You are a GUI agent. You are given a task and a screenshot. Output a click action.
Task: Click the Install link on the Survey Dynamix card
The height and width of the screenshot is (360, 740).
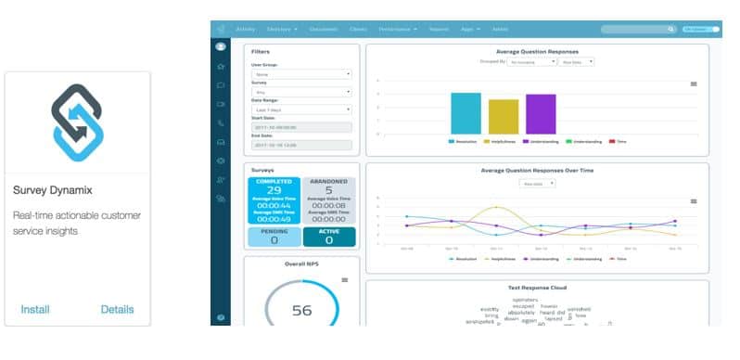(x=34, y=309)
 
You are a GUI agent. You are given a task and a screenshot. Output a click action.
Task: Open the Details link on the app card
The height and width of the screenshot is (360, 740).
(x=118, y=309)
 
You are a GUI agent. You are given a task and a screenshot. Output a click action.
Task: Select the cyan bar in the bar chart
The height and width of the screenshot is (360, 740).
(x=466, y=113)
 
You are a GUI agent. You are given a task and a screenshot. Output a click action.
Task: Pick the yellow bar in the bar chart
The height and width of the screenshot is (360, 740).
(x=503, y=117)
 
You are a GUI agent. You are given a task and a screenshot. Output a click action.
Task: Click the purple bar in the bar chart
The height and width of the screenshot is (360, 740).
(x=540, y=114)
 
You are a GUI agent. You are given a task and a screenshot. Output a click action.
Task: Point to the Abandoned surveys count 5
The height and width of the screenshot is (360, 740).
(x=328, y=190)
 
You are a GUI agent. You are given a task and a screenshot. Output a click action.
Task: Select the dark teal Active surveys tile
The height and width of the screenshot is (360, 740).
(x=328, y=236)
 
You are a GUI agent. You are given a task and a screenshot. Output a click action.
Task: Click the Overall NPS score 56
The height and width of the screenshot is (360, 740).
(x=302, y=311)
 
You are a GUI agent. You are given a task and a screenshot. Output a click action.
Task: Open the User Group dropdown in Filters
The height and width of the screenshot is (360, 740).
(x=301, y=74)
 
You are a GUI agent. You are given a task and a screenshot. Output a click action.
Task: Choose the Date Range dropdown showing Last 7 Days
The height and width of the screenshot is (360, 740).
(x=301, y=109)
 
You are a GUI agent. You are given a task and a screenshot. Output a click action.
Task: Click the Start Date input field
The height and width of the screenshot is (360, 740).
(x=301, y=127)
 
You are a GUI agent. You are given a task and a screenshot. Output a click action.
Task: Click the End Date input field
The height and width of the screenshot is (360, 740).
(x=301, y=145)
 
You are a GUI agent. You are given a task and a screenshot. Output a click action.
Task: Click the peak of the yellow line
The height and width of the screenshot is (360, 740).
(x=497, y=207)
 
